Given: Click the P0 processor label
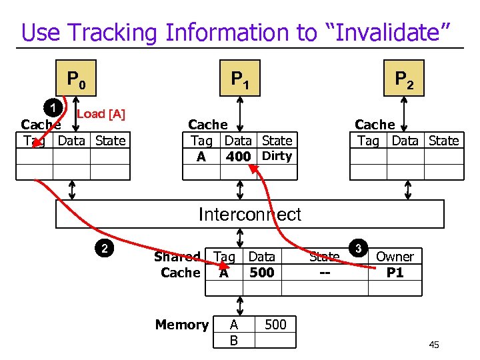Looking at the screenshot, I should [x=75, y=81].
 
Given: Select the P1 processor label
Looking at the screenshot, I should [x=240, y=81].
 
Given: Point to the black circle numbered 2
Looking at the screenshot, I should [x=103, y=249].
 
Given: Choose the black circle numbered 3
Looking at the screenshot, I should [x=359, y=249].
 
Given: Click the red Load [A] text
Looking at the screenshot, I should [x=101, y=114].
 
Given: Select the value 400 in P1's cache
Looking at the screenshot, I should [x=238, y=157].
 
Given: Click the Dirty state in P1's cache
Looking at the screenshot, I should [x=277, y=156].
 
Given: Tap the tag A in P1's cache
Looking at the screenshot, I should [x=201, y=157].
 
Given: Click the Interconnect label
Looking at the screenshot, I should [x=250, y=214].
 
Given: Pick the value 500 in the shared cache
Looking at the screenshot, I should [x=261, y=273].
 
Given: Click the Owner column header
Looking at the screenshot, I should [x=395, y=257].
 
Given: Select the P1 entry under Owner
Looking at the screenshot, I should [x=395, y=273].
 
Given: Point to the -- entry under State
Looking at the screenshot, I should [x=324, y=273].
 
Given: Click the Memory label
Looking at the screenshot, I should [x=182, y=325].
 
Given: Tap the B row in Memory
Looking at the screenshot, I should [x=233, y=341].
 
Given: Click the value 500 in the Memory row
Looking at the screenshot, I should [x=275, y=325].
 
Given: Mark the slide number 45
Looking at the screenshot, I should [x=434, y=345].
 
